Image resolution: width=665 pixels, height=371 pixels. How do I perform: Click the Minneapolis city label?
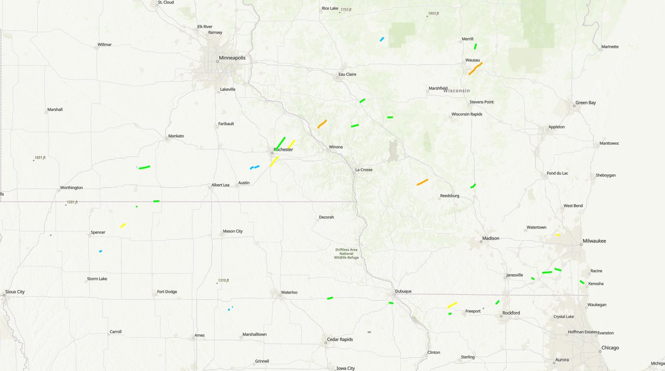[x=232, y=58]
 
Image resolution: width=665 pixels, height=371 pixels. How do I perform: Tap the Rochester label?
[x=283, y=150]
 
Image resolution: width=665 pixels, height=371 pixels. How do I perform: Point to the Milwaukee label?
[x=594, y=241]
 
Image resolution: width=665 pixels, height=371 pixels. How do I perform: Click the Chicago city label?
[x=610, y=348]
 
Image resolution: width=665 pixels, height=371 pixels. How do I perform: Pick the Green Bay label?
[x=585, y=103]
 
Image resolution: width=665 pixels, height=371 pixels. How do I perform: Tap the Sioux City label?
[x=15, y=291]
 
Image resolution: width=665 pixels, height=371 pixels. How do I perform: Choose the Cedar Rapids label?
[x=340, y=339]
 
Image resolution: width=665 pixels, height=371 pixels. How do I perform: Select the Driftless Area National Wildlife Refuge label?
[x=347, y=253]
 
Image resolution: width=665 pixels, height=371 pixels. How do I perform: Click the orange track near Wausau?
[x=475, y=68]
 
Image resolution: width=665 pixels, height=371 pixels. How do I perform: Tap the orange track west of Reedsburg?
[x=422, y=182]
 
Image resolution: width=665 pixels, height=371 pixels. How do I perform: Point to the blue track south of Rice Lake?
[x=382, y=39]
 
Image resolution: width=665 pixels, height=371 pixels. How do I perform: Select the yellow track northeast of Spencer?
[x=122, y=225]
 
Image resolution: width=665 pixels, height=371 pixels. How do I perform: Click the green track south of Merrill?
[x=475, y=47]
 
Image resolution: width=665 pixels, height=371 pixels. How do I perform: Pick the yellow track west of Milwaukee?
[x=558, y=235]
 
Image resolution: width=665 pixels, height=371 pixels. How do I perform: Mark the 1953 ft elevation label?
[x=436, y=14]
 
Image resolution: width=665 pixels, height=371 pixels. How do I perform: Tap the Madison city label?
[x=490, y=238]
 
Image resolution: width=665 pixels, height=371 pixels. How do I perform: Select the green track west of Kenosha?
[x=582, y=282]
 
